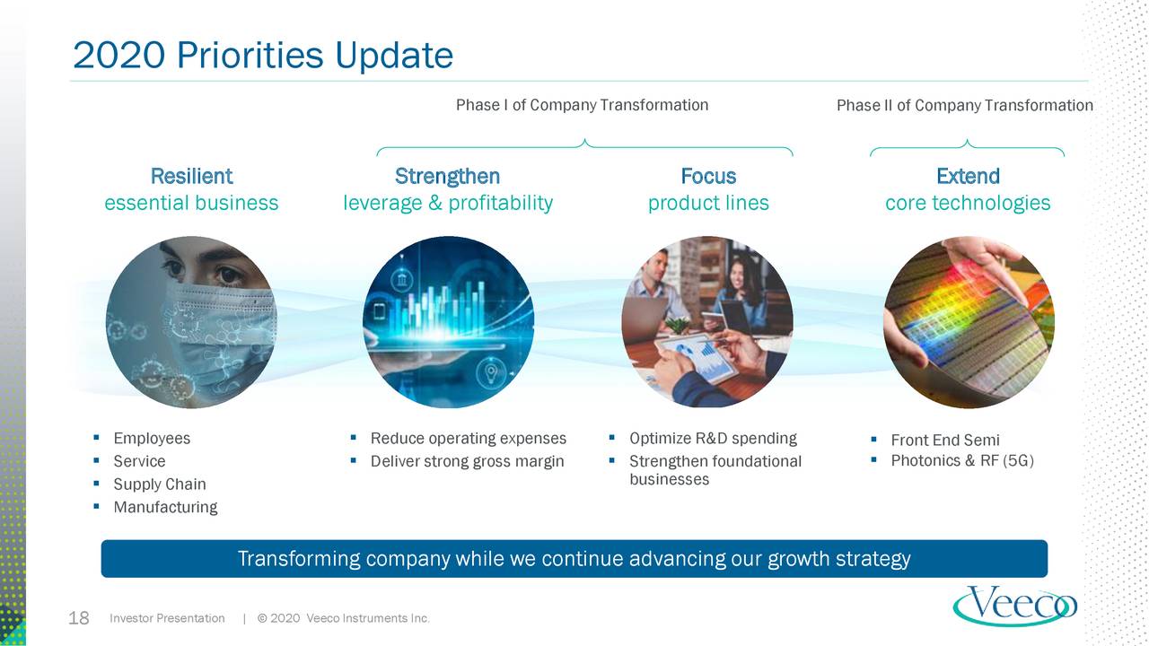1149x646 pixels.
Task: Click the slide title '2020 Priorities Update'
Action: click(x=262, y=56)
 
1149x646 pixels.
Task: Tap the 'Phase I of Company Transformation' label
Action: click(x=582, y=105)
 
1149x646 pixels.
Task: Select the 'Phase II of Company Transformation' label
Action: click(x=964, y=106)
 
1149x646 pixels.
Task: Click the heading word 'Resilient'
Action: click(x=191, y=176)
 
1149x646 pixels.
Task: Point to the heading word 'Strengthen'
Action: click(x=447, y=176)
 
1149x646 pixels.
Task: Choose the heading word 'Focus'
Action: click(x=708, y=176)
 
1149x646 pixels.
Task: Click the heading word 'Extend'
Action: click(x=968, y=176)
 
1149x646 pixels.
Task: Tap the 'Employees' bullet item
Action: click(x=152, y=439)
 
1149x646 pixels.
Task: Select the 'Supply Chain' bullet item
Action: click(x=160, y=484)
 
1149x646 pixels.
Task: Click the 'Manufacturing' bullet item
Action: click(x=165, y=508)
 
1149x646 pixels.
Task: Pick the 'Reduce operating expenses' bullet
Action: click(x=468, y=439)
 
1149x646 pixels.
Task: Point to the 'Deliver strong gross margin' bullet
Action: click(x=467, y=462)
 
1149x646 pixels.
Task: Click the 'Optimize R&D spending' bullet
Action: click(x=713, y=439)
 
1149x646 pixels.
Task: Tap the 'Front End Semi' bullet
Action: click(x=944, y=440)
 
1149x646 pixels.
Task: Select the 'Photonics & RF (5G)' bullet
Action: click(x=961, y=461)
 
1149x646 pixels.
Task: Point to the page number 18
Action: click(x=79, y=618)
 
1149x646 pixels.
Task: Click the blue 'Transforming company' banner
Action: click(x=574, y=559)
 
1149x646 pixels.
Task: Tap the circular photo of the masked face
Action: click(x=191, y=322)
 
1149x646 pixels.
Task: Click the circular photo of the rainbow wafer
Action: click(x=969, y=322)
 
